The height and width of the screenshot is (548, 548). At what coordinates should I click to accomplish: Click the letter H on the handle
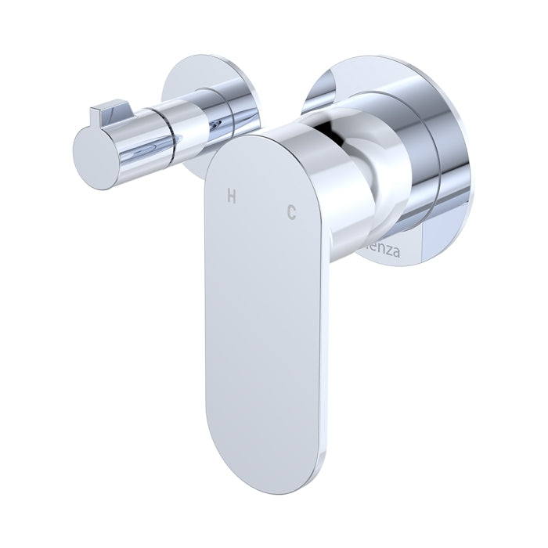pos(231,196)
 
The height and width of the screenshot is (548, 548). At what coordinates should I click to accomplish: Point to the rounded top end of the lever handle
pos(258,149)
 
